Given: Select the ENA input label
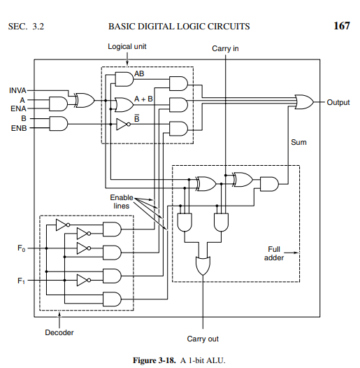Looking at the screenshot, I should (17, 109).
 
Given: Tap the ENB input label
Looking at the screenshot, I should (17, 129).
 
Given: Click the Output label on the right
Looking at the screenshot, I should (338, 102).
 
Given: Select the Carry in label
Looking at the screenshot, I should (226, 49).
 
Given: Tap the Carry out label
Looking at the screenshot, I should (203, 339).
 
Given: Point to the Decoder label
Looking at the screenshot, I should (59, 332).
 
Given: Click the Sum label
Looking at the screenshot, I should (298, 142).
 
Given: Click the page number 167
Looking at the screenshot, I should (341, 27).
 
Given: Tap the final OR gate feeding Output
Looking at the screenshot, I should (304, 102).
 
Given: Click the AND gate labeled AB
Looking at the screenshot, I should (123, 78).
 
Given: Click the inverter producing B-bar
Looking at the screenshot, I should (123, 125).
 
